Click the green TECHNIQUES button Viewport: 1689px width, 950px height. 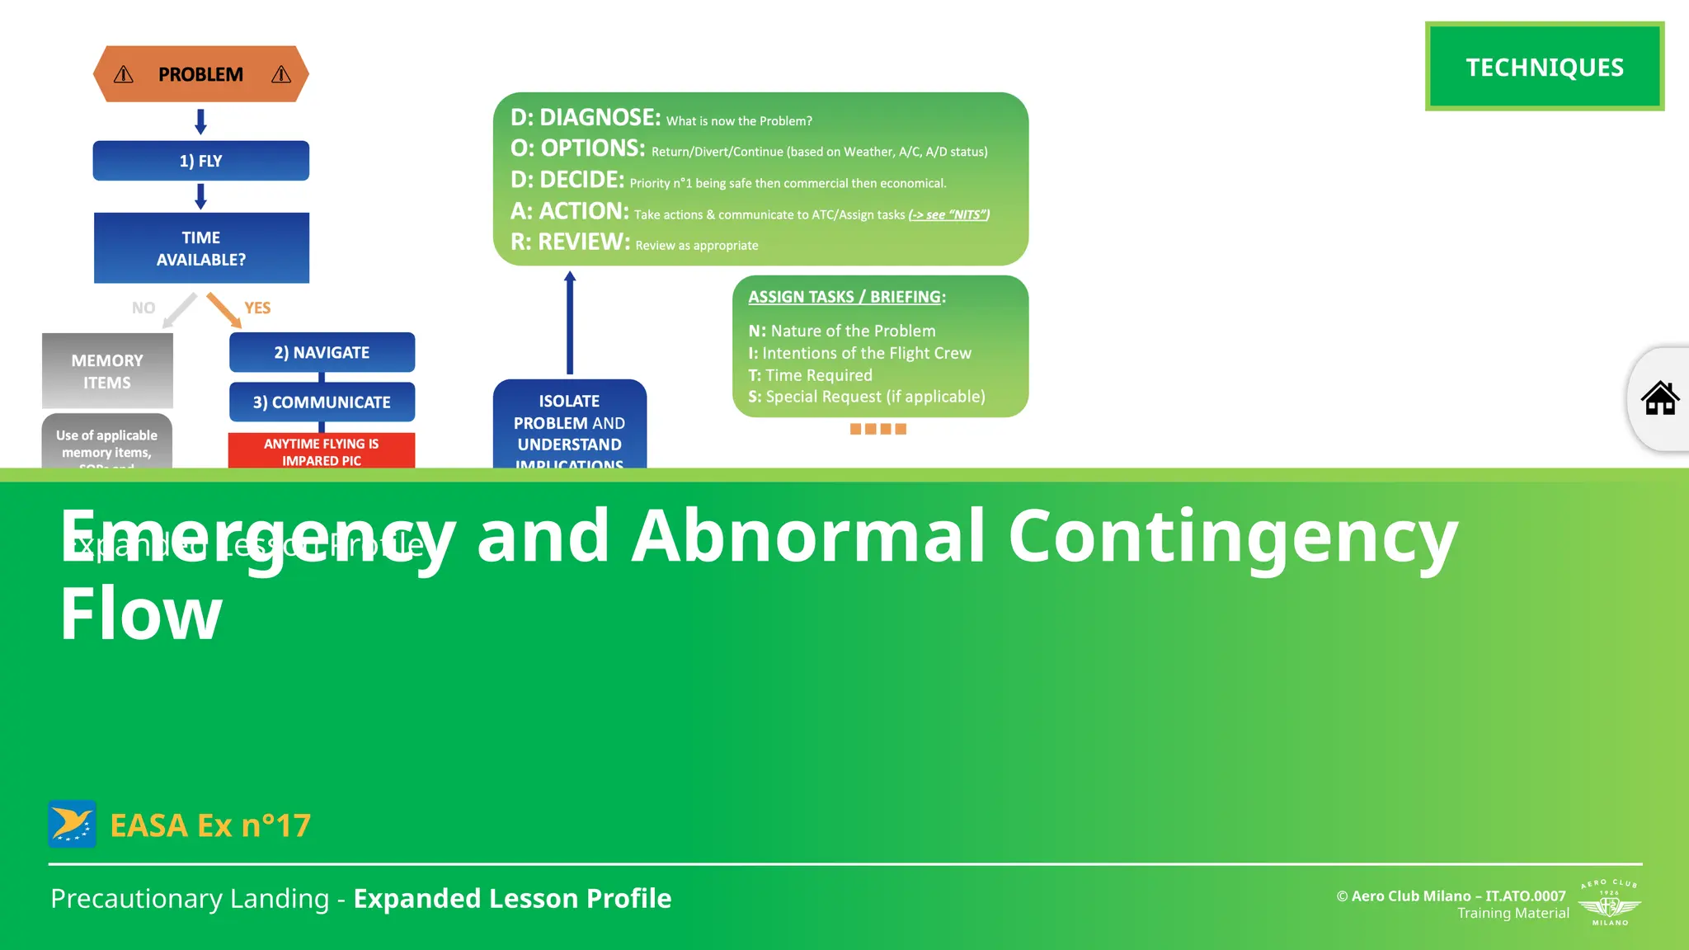coord(1544,67)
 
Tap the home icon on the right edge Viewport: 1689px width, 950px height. coord(1659,399)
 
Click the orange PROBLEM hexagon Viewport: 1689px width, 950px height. coord(200,74)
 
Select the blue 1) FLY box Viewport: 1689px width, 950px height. coord(200,161)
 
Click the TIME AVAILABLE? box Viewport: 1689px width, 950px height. coord(200,248)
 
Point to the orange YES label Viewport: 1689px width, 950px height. coord(257,308)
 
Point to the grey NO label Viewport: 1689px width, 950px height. coord(143,308)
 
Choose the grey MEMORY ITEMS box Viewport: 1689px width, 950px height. coord(107,371)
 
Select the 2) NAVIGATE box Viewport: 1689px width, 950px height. coord(322,352)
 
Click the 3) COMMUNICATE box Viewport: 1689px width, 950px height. coord(322,402)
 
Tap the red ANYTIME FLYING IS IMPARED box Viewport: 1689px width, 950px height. coord(322,451)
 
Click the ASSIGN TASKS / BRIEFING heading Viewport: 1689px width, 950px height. coord(845,297)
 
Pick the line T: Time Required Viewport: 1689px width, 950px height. coord(810,375)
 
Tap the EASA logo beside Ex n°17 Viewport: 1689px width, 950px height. coord(73,824)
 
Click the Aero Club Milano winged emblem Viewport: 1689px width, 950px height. coord(1609,905)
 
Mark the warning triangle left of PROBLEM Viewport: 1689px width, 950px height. coord(124,75)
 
